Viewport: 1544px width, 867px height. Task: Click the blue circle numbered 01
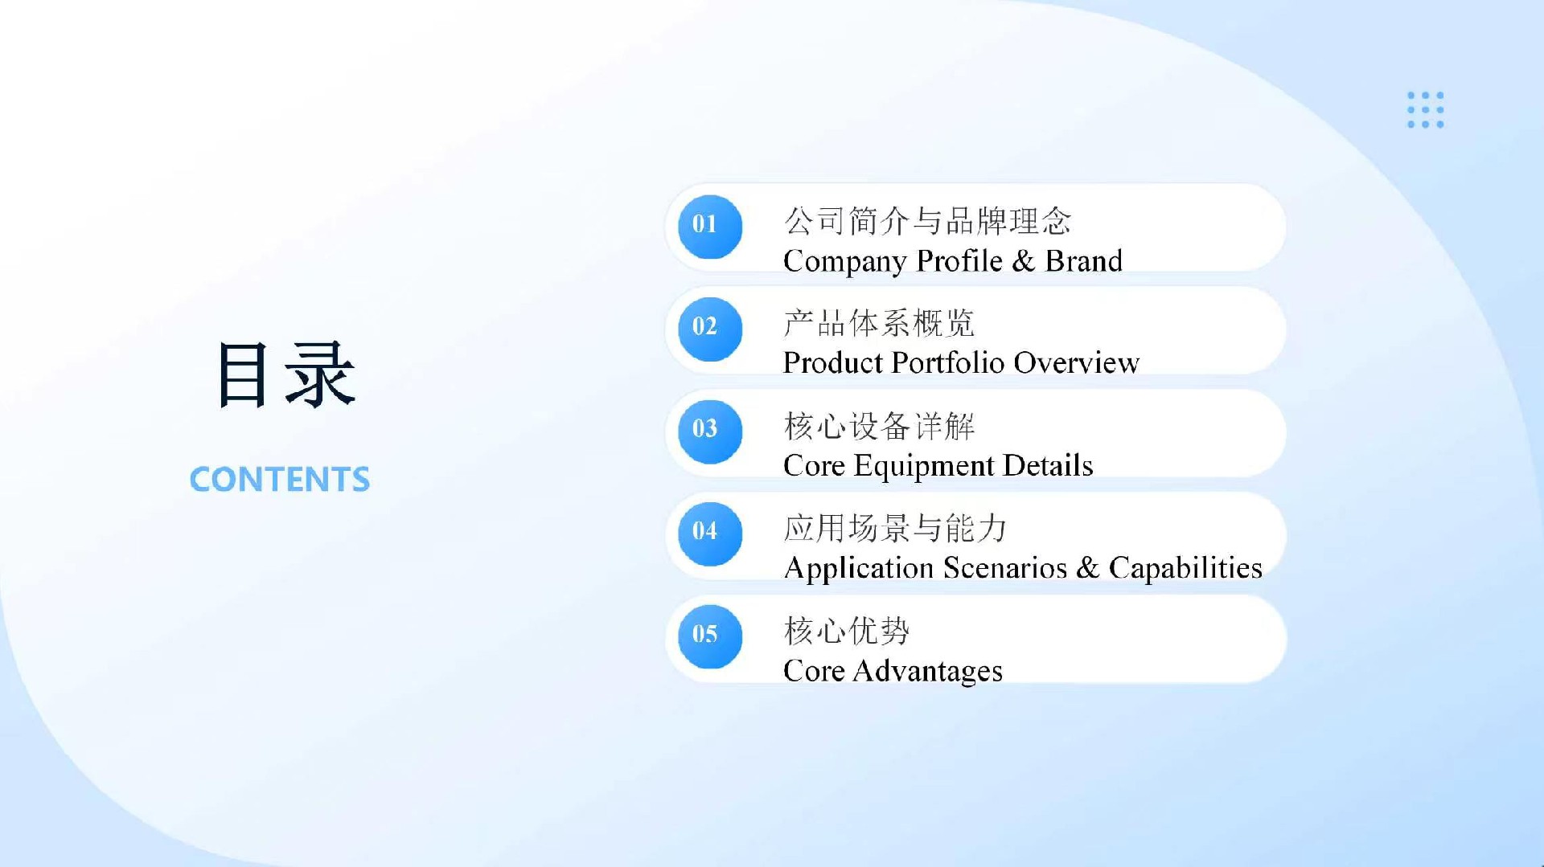(710, 227)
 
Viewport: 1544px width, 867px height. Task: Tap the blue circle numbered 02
(710, 329)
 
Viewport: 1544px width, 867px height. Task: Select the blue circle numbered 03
(710, 431)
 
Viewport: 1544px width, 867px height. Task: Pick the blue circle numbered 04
(710, 534)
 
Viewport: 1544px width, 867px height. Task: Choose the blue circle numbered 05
(710, 636)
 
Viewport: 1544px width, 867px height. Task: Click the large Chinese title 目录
(286, 374)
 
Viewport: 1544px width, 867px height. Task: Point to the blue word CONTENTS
(280, 480)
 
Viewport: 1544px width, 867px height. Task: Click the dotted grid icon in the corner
(1426, 109)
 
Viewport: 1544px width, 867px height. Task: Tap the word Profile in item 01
(959, 261)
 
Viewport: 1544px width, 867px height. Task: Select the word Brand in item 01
(1083, 261)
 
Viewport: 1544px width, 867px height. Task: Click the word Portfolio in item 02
(948, 363)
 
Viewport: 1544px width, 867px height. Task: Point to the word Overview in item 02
(1076, 363)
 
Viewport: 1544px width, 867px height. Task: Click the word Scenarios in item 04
(1005, 568)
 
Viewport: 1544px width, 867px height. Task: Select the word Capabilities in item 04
(1185, 569)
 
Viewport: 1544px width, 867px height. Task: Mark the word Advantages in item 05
(927, 672)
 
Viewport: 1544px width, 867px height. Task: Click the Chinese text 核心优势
(847, 632)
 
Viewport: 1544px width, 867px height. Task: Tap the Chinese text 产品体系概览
(879, 324)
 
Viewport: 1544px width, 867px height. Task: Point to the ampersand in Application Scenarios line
(1088, 568)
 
